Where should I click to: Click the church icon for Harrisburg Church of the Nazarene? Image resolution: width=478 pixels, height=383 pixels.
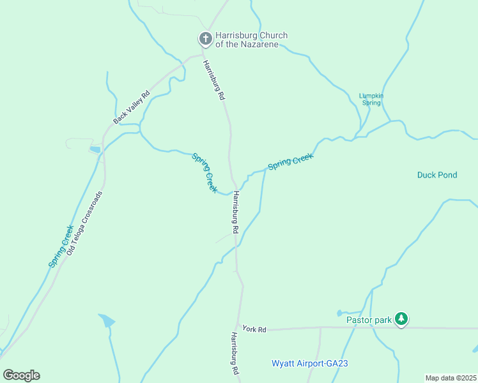click(206, 40)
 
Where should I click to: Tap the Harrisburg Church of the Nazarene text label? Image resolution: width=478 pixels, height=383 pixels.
click(251, 40)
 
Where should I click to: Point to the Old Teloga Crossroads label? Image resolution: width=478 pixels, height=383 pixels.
click(84, 220)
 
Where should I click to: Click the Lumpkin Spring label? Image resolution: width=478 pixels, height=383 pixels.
click(371, 99)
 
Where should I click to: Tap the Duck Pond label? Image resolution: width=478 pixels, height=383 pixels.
click(437, 175)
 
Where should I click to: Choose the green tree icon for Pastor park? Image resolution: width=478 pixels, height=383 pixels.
click(401, 318)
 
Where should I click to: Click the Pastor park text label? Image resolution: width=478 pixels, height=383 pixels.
click(368, 320)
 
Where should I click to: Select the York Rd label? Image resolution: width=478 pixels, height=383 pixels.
click(254, 329)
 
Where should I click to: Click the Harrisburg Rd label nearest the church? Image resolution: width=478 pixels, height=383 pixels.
click(214, 79)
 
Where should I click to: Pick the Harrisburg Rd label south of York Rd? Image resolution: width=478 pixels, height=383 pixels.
click(235, 353)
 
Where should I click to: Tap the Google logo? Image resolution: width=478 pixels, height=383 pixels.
click(21, 375)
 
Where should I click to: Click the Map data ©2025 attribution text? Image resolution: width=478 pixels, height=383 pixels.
click(451, 378)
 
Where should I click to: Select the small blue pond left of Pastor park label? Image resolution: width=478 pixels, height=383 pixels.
click(341, 313)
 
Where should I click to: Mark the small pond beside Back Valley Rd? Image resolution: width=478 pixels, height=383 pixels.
click(95, 149)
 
